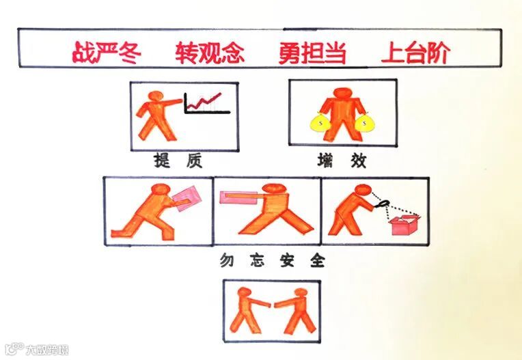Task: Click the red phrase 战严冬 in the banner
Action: pyautogui.click(x=107, y=53)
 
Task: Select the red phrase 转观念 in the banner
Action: pyautogui.click(x=210, y=53)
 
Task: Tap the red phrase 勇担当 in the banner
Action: pyautogui.click(x=312, y=53)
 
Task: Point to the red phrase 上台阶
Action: pyautogui.click(x=415, y=53)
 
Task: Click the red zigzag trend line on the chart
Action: pyautogui.click(x=204, y=102)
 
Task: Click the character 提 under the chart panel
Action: pyautogui.click(x=161, y=160)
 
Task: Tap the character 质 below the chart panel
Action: pyautogui.click(x=194, y=161)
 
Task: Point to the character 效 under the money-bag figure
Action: pyautogui.click(x=358, y=161)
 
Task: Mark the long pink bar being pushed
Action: pyautogui.click(x=238, y=197)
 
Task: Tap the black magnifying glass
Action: pyautogui.click(x=381, y=203)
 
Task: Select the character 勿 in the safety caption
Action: pyautogui.click(x=227, y=260)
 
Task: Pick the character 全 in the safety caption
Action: pyautogui.click(x=317, y=260)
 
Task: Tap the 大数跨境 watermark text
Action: pyautogui.click(x=47, y=350)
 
